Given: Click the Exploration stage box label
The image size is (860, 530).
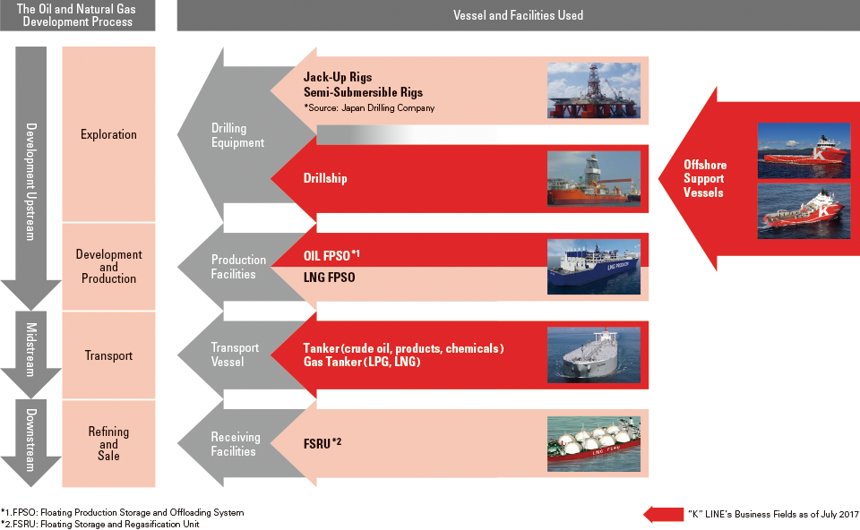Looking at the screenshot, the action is (x=108, y=134).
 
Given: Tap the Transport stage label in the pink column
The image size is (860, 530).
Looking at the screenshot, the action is (x=108, y=355).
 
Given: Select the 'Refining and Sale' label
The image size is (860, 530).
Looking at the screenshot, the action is (x=108, y=443).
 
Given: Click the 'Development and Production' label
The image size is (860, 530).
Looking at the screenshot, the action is (x=108, y=267).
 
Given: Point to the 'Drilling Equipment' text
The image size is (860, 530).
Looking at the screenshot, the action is (x=237, y=135).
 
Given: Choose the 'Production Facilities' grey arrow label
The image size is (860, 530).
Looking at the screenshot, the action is (x=238, y=267).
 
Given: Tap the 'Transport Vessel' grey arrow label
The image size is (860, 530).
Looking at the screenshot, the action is (x=234, y=355).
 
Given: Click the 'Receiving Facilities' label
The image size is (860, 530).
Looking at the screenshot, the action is (x=236, y=444).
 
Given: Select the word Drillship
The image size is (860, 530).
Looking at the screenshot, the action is (x=325, y=179).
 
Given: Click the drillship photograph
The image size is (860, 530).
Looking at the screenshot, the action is (x=593, y=179).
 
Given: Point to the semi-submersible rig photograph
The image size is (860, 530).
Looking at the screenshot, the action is (x=593, y=90).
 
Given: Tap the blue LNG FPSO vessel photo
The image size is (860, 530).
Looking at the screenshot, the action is (x=593, y=267).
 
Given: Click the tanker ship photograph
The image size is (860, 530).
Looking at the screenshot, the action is (x=593, y=355).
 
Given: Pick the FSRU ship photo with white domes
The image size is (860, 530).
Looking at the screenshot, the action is (x=593, y=444).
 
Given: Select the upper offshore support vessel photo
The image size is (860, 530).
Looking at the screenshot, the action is (x=804, y=150).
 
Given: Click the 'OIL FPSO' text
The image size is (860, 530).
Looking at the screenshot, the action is (x=327, y=256).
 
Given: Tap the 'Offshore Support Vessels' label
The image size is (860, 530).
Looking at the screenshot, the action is (x=705, y=179).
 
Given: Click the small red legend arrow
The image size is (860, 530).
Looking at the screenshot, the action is (x=664, y=515).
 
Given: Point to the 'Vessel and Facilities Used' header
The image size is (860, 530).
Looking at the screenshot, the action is (x=519, y=15).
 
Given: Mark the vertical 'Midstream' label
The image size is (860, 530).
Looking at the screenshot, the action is (x=30, y=350).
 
